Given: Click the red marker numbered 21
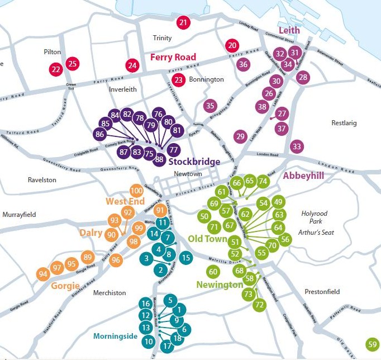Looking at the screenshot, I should (x=183, y=23).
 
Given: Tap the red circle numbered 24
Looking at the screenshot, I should (x=132, y=65).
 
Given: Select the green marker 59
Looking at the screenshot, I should (x=373, y=344).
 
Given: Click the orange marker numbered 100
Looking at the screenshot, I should (x=136, y=191).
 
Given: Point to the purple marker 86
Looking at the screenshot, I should (x=100, y=134).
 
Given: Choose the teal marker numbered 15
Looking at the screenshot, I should (x=186, y=258).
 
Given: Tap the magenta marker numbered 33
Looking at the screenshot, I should (x=297, y=147).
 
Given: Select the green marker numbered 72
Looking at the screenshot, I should (x=259, y=305).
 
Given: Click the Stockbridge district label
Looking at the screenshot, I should (x=194, y=162).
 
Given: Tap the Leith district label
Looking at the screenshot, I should (x=289, y=31).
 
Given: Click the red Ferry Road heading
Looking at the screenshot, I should (x=173, y=57).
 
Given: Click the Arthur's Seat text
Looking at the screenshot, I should (x=316, y=232).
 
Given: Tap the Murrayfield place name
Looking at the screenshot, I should (x=19, y=214).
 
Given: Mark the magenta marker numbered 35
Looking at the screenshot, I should (x=210, y=105).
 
